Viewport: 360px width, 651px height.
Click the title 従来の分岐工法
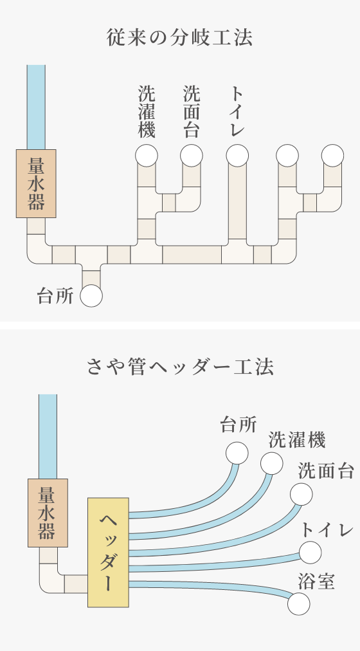(179, 38)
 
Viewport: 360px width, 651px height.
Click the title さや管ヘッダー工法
(180, 367)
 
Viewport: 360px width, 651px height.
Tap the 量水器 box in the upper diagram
(36, 183)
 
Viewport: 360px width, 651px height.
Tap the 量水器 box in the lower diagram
(48, 513)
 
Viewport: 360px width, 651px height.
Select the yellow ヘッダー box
(108, 552)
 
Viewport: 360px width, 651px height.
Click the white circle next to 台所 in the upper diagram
(91, 296)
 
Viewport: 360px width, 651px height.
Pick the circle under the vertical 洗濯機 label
(147, 156)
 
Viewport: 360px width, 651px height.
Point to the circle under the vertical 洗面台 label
(192, 156)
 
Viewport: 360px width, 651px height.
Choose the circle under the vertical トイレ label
(237, 156)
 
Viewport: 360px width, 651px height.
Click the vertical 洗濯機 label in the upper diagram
(147, 111)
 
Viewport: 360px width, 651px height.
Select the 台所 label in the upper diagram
(55, 297)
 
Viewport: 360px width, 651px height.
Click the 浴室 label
(316, 582)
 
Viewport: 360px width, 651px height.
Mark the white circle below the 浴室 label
(299, 603)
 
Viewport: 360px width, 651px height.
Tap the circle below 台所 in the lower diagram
(237, 453)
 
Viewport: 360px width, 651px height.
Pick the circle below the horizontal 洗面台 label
(301, 494)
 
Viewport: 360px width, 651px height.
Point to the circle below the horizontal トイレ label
(310, 553)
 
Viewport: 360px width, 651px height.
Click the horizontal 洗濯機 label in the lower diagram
(297, 440)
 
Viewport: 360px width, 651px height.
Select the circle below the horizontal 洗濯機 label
(272, 463)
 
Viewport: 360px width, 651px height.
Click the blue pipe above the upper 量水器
(36, 107)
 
